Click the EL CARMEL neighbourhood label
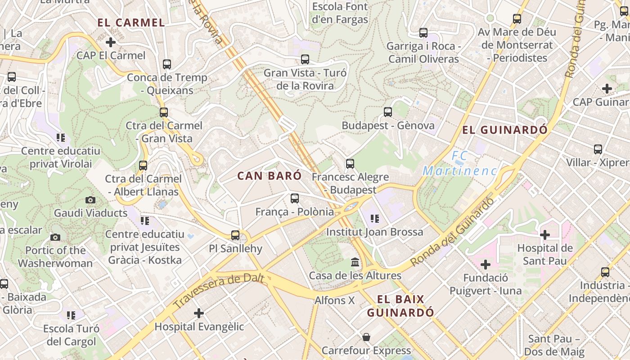coord(131,22)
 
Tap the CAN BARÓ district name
coord(269,176)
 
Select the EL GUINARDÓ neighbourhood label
coord(505,130)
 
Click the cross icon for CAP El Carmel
coord(111,43)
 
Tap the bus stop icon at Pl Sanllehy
coord(235,235)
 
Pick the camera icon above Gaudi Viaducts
coord(90,200)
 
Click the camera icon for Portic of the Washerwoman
coord(55,237)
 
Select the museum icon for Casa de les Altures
coord(355,262)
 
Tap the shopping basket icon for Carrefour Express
coord(366,337)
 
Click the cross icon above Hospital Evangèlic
coord(199,313)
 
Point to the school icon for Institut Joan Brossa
coord(374,219)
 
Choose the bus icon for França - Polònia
coord(295,198)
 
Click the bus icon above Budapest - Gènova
coord(388,112)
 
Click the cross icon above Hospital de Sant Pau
coord(545,234)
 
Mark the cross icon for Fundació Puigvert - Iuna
coord(486,264)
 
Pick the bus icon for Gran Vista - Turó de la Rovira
coord(305,59)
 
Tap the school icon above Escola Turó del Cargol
coord(71,315)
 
